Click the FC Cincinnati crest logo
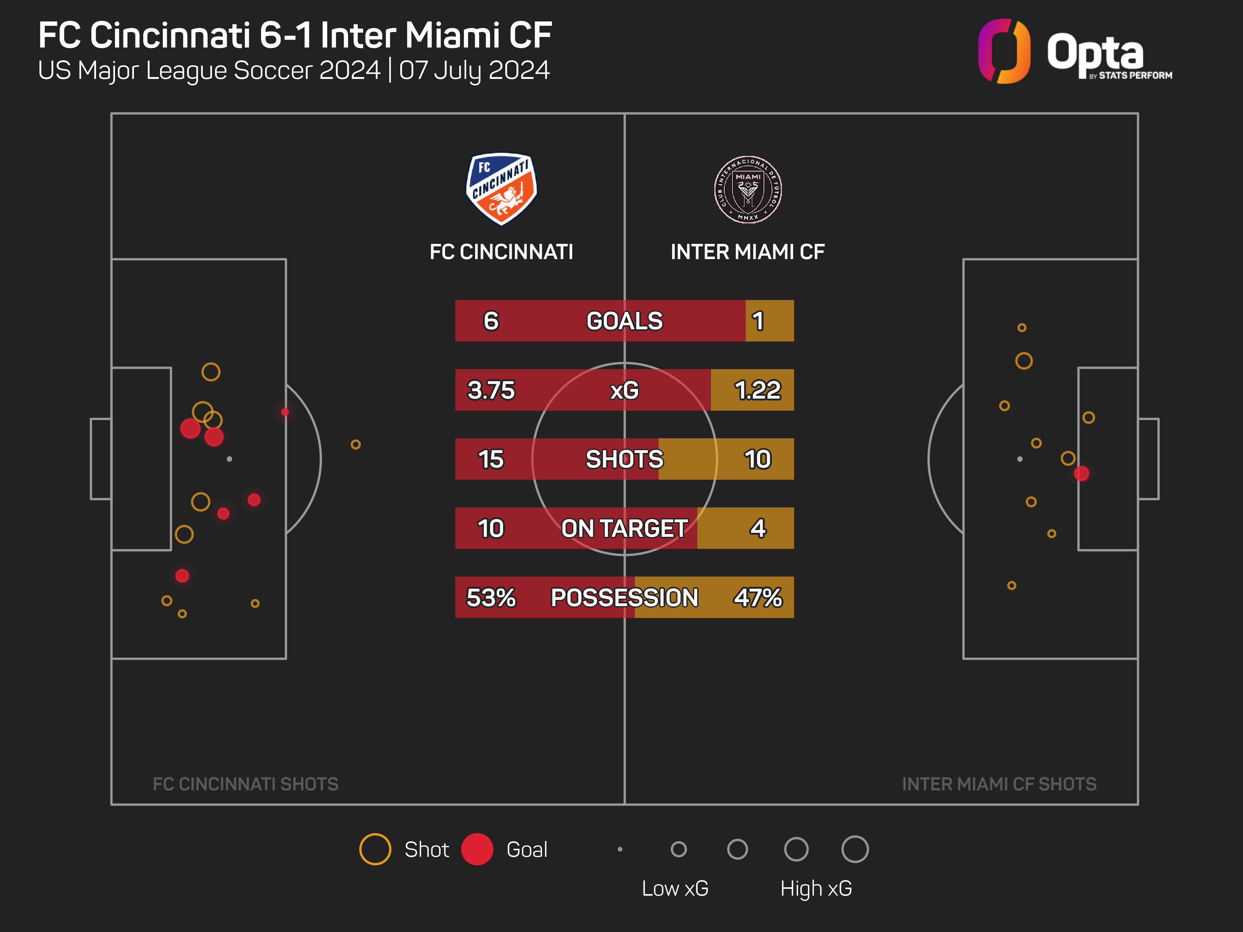pos(501,189)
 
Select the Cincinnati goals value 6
pos(491,321)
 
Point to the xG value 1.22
pos(757,390)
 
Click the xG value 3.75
pos(491,390)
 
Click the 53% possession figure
pos(491,597)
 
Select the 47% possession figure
pos(757,597)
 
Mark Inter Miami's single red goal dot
pos(1081,473)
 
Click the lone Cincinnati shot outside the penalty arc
pos(355,444)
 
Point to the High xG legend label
pos(816,889)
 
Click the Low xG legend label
pos(675,889)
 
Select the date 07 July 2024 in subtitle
pos(474,70)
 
